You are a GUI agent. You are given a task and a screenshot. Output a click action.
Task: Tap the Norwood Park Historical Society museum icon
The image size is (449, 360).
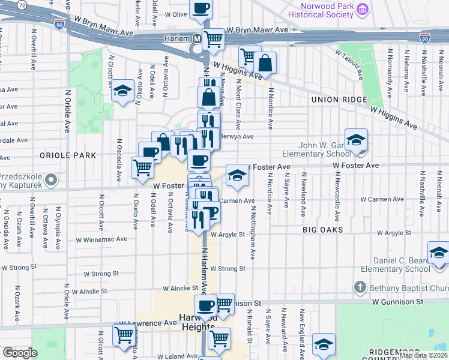point(362,10)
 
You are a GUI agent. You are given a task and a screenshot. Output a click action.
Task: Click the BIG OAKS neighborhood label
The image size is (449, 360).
point(322,229)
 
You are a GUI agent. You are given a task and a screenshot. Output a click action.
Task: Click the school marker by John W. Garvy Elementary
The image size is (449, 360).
point(356,140)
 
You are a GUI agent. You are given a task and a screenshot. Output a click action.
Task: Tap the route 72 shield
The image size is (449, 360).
point(22,5)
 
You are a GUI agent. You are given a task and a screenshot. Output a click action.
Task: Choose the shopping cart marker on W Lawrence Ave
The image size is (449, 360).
point(124,335)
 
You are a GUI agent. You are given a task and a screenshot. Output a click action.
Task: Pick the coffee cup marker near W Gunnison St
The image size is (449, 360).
point(205,305)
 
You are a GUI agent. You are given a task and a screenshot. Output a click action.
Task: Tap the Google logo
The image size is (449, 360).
point(20,353)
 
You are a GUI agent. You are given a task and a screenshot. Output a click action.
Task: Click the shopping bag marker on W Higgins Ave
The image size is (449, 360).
point(265,62)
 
